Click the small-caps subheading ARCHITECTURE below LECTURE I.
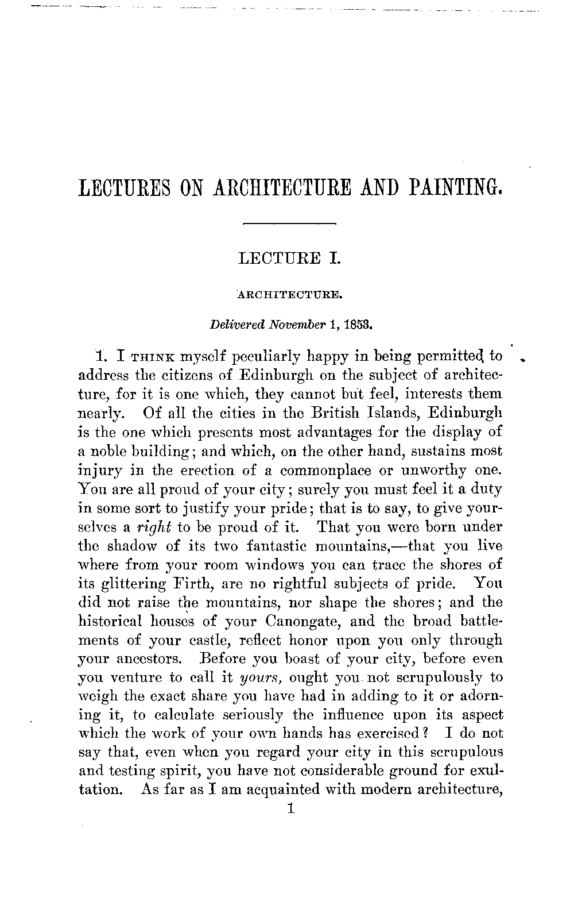[290, 296]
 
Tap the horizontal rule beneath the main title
[289, 222]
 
